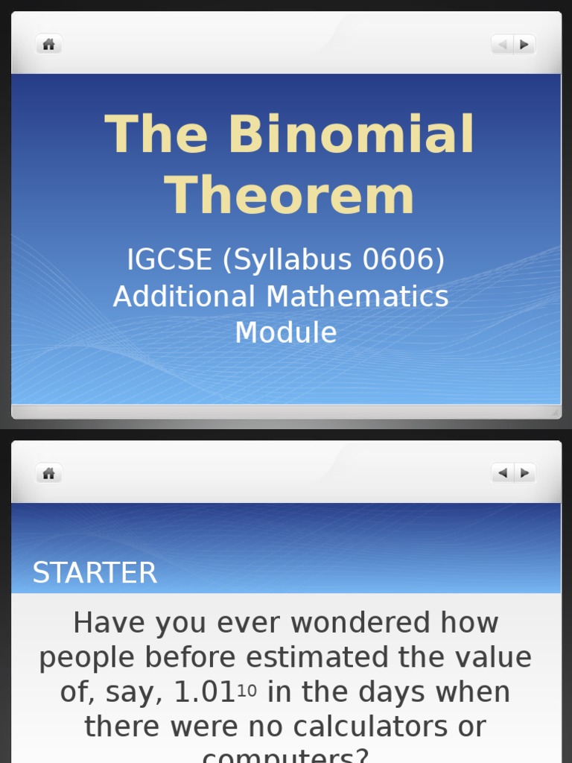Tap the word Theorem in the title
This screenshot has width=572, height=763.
[x=289, y=197]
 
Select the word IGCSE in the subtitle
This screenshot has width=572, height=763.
[x=170, y=260]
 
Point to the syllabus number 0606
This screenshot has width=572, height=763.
[x=403, y=260]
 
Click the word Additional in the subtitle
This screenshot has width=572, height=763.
[x=184, y=297]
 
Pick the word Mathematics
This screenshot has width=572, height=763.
[x=357, y=297]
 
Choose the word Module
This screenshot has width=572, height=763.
[x=286, y=332]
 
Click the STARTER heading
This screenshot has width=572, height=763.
[x=95, y=573]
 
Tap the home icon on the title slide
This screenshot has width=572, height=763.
[x=49, y=45]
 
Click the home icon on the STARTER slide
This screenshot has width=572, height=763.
[x=49, y=473]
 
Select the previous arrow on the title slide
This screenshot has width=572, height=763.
[x=503, y=45]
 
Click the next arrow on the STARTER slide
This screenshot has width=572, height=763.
[x=524, y=473]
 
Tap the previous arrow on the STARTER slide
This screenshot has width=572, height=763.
[x=503, y=473]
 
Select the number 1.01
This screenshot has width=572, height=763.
[x=204, y=692]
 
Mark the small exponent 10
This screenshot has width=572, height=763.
[x=247, y=691]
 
